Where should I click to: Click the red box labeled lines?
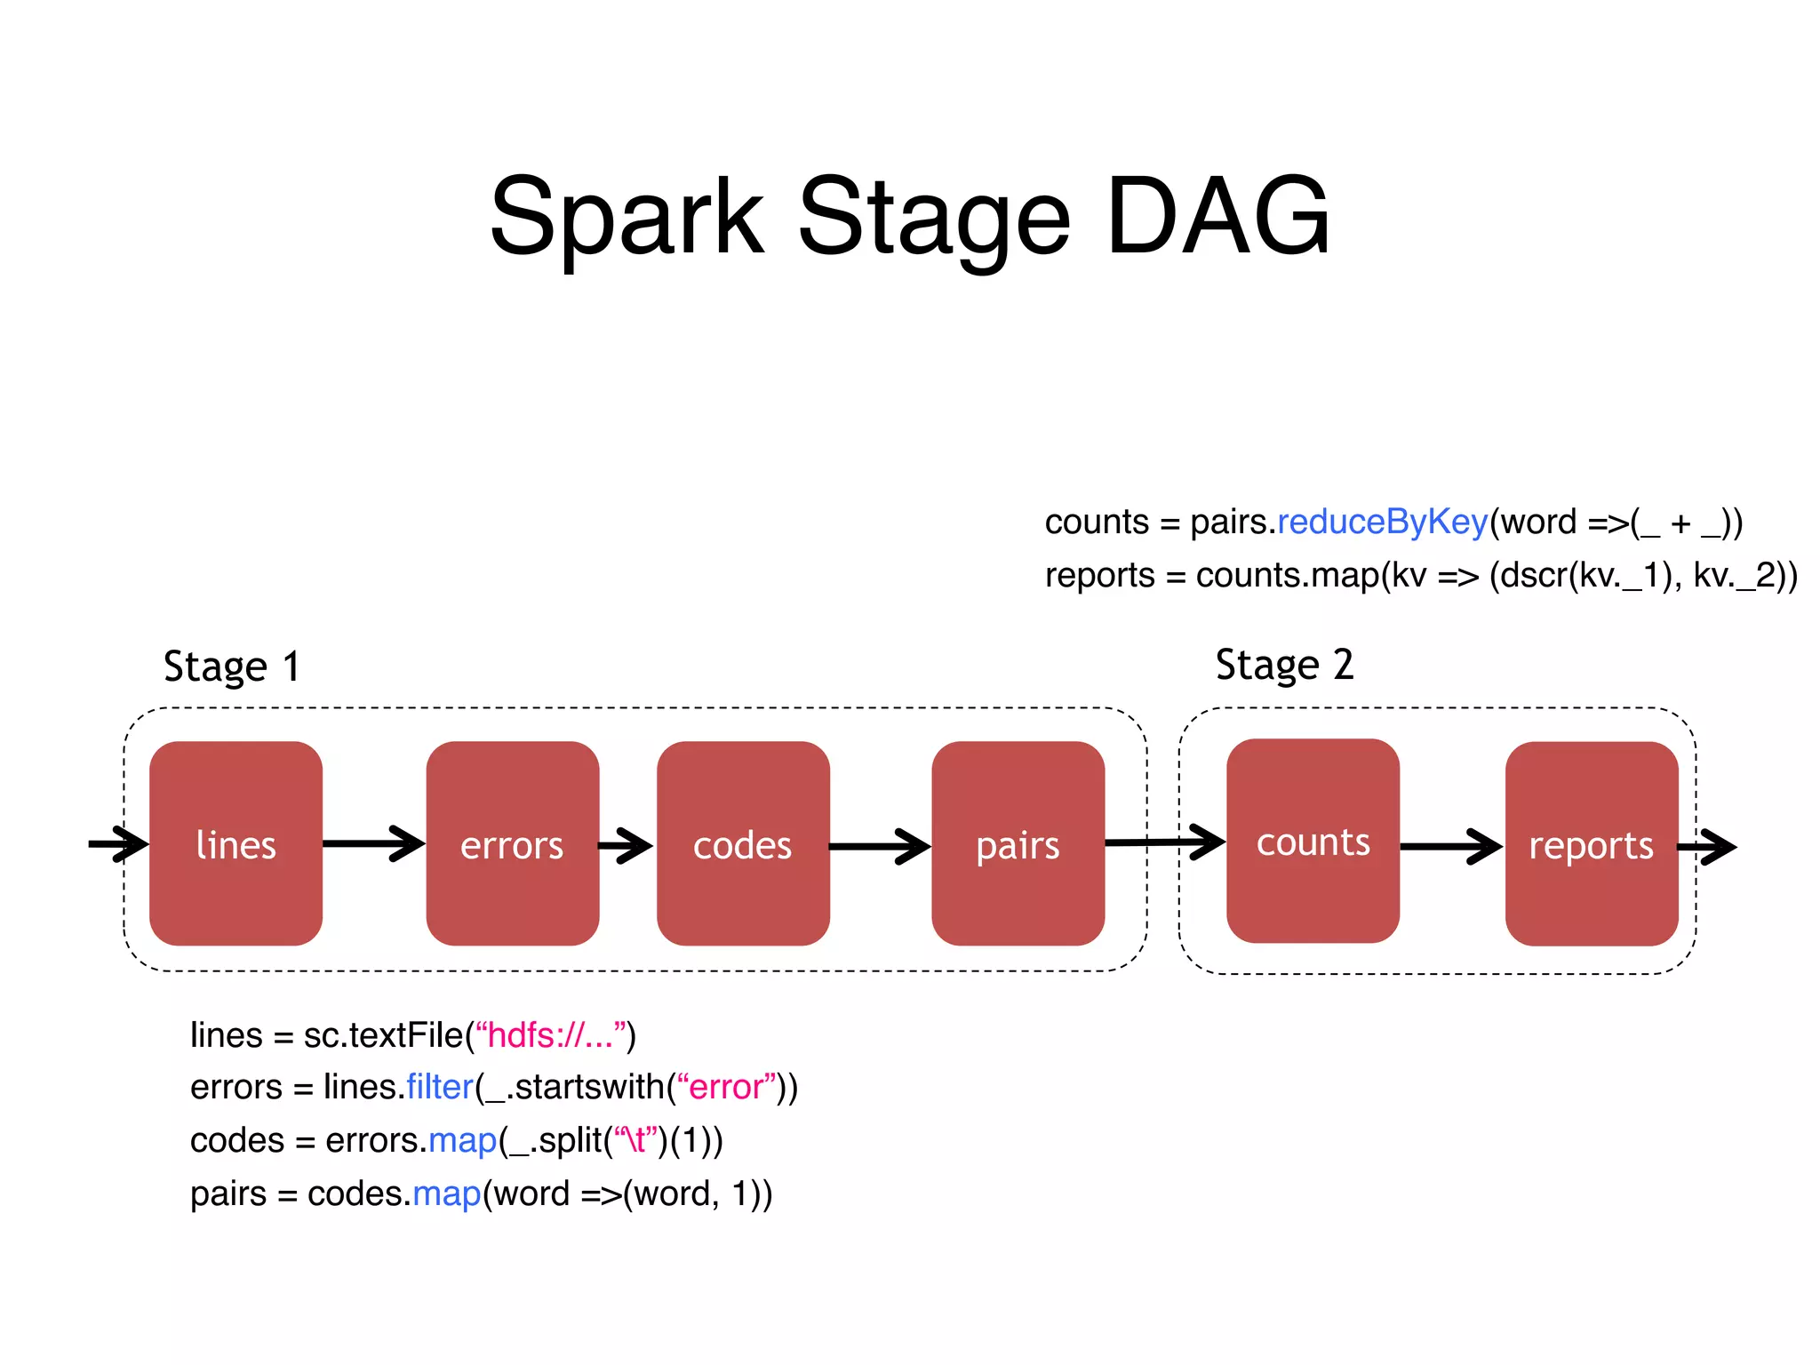tap(235, 843)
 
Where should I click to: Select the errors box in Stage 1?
tap(512, 843)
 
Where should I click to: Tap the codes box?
tap(743, 843)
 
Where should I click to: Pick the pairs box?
tap(1018, 843)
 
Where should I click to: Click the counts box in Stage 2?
tap(1313, 841)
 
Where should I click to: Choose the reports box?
tap(1591, 843)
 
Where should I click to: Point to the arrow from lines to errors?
tap(373, 843)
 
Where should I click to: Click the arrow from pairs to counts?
tap(1164, 842)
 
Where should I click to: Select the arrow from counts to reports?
tap(1450, 846)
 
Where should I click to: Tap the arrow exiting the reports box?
tap(1708, 847)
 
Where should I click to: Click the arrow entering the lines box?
tap(118, 843)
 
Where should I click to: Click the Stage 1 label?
tap(232, 667)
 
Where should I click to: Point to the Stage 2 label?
tap(1284, 665)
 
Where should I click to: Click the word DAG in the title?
tap(1217, 216)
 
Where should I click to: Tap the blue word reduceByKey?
tap(1382, 522)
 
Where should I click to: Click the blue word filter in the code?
tap(440, 1087)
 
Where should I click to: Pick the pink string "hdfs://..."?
tap(551, 1035)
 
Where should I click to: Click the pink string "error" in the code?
tap(727, 1087)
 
